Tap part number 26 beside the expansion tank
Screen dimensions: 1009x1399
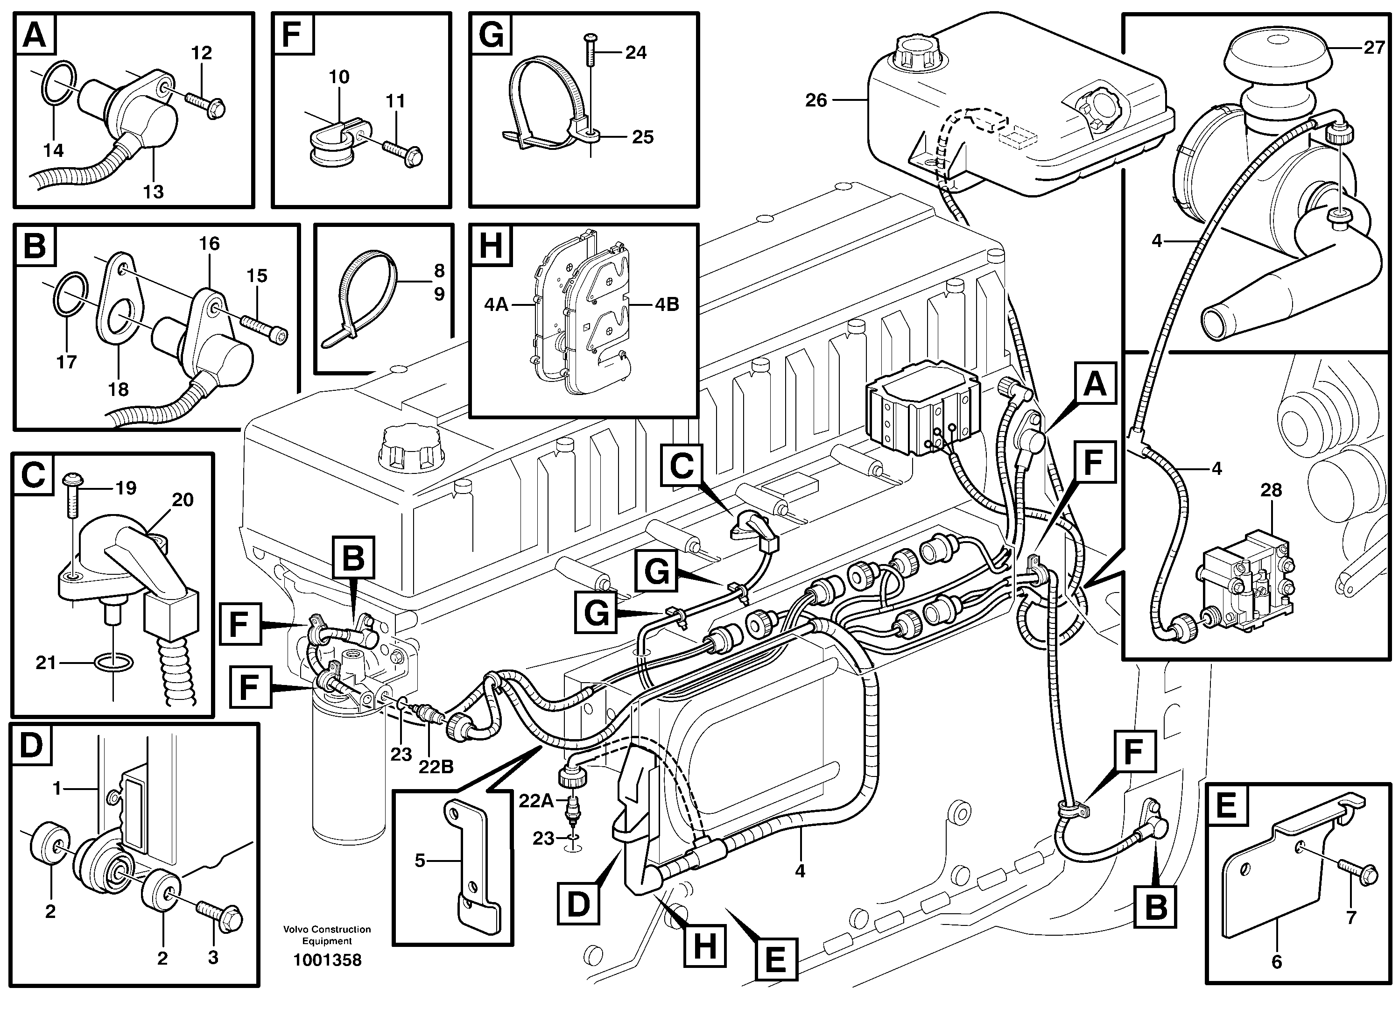(815, 100)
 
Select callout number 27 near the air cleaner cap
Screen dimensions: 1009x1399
(1373, 48)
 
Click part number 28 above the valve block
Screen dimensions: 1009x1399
(1271, 491)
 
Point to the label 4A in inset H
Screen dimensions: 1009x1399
(495, 304)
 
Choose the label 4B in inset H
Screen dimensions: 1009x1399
(667, 304)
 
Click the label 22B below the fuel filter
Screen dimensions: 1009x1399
(436, 767)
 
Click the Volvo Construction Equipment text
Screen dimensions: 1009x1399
(327, 935)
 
